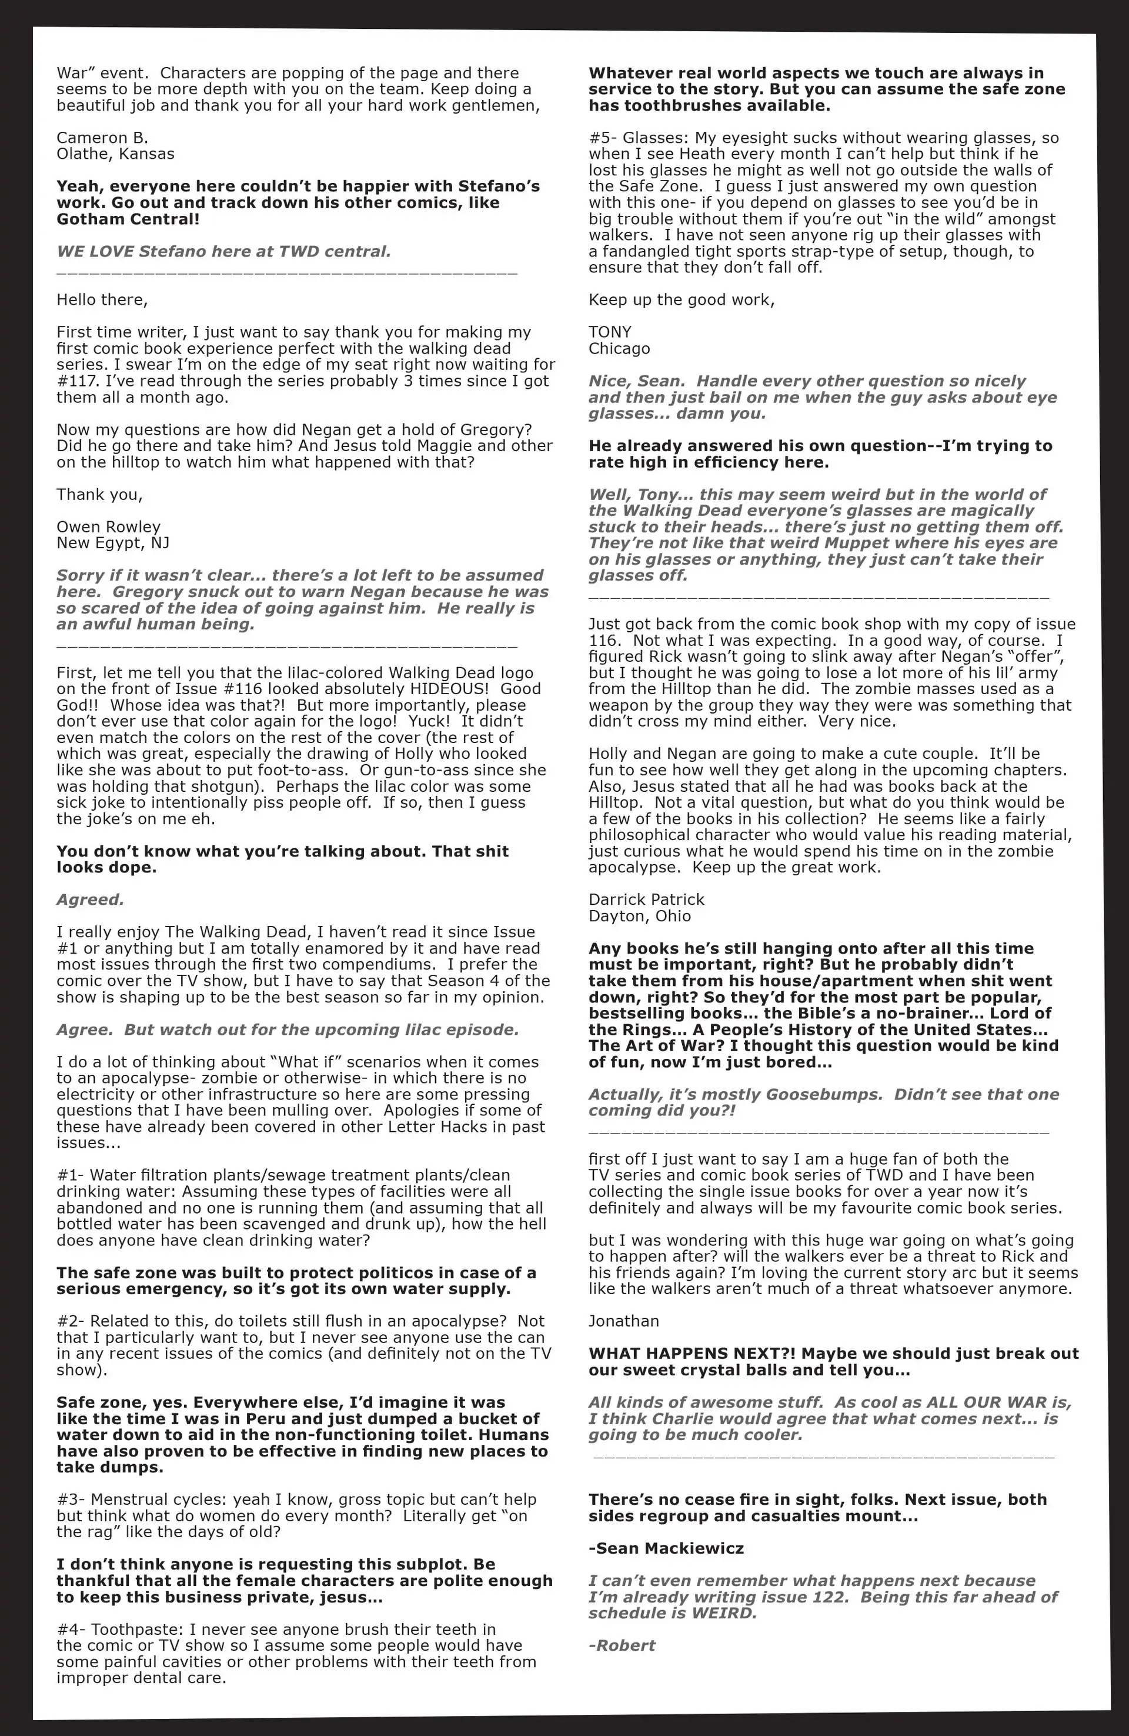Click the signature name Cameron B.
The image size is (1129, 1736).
pyautogui.click(x=102, y=138)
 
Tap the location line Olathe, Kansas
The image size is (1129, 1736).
pyautogui.click(x=115, y=154)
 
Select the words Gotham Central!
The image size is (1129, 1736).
pyautogui.click(x=128, y=219)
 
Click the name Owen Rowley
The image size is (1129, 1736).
pyautogui.click(x=108, y=527)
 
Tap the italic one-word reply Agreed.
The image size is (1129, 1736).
pyautogui.click(x=90, y=899)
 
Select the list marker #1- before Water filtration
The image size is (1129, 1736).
pyautogui.click(x=70, y=1175)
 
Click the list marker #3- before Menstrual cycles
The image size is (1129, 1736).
pyautogui.click(x=71, y=1500)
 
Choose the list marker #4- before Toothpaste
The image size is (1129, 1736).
pyautogui.click(x=71, y=1630)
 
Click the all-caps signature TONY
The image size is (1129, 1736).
pyautogui.click(x=610, y=332)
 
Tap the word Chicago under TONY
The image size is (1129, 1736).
pyautogui.click(x=619, y=349)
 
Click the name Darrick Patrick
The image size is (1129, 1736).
pyautogui.click(x=646, y=899)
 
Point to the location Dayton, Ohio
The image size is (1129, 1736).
pyautogui.click(x=639, y=916)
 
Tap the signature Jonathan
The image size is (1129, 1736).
pyautogui.click(x=623, y=1321)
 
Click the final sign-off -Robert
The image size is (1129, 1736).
pyautogui.click(x=622, y=1645)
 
